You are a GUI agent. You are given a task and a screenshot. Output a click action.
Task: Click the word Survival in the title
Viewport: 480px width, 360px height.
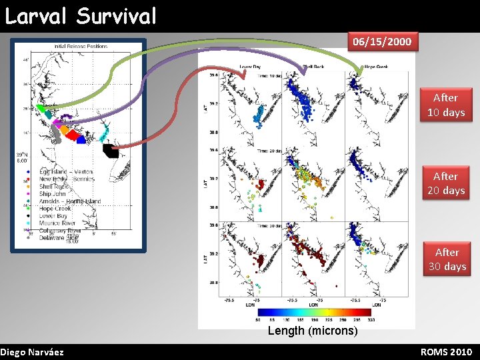tap(117, 15)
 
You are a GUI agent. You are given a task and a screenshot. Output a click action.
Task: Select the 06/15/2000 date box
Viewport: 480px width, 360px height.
tap(382, 42)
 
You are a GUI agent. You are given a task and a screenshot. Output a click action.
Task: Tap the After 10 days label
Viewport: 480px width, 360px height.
tap(445, 105)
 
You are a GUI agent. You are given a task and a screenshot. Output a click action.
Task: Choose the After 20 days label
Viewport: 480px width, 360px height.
tap(445, 183)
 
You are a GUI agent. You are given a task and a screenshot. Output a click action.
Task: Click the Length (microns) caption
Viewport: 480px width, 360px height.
tap(312, 331)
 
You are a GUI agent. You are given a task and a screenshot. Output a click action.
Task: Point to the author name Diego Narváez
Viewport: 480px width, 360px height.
tap(32, 351)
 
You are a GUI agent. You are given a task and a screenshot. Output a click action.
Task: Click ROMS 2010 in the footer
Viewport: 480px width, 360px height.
tap(446, 351)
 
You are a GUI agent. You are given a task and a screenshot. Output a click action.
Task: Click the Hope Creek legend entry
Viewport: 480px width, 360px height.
tap(55, 208)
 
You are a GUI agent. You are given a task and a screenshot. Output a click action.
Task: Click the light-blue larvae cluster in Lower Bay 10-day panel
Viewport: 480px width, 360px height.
tap(259, 117)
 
